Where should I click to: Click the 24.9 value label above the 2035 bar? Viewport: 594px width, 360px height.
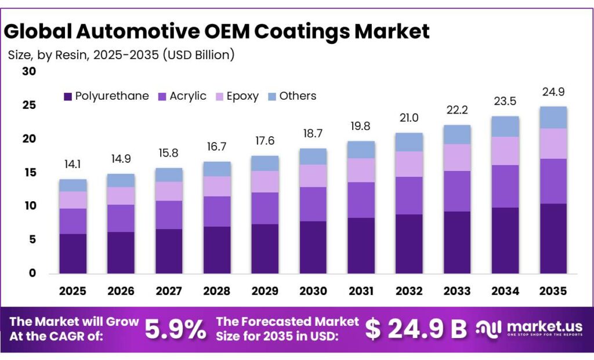(x=553, y=92)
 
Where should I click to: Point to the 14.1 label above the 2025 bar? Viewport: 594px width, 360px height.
(x=73, y=165)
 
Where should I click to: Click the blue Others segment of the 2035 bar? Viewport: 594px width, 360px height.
(x=553, y=118)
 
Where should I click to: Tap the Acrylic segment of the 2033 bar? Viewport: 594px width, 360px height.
(x=457, y=191)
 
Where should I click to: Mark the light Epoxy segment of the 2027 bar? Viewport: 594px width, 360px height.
(x=169, y=191)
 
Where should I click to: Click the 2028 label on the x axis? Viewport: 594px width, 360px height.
(x=217, y=290)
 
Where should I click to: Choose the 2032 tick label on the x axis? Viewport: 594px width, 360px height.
(x=409, y=290)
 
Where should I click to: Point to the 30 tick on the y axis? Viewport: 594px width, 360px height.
(x=29, y=71)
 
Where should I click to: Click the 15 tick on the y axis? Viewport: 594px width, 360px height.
(x=29, y=173)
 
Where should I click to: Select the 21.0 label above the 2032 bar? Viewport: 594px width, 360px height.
(x=409, y=118)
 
